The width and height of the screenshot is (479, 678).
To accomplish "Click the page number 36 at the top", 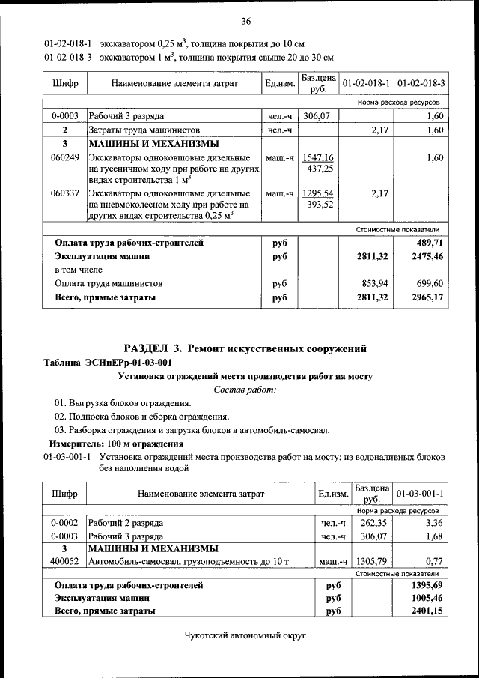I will point(245,20).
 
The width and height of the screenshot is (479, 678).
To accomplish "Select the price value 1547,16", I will point(318,158).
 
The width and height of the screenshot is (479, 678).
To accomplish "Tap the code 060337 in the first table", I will point(65,193).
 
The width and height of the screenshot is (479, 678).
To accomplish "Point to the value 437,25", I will point(320,169).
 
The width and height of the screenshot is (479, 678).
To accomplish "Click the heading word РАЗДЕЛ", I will point(147,348).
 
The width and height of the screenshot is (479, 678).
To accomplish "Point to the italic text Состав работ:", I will point(245,390).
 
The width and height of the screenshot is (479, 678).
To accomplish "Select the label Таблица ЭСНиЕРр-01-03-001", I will point(107,363).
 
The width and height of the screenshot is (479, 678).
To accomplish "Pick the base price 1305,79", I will point(372,560).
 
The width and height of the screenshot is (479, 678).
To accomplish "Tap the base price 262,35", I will point(372,523).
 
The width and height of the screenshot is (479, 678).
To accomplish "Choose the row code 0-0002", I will point(65,523).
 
